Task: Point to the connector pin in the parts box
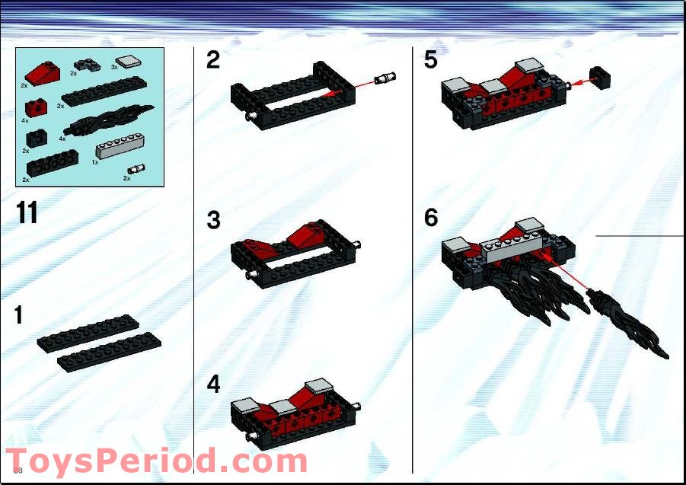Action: pyautogui.click(x=137, y=169)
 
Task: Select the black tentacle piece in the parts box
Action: pyautogui.click(x=110, y=121)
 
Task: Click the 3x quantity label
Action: pyautogui.click(x=114, y=67)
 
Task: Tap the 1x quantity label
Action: pyautogui.click(x=95, y=161)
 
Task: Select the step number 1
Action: pyautogui.click(x=19, y=315)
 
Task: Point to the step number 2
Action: pyautogui.click(x=213, y=60)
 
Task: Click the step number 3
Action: pyautogui.click(x=213, y=221)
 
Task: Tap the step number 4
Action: pyautogui.click(x=213, y=385)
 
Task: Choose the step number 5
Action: pyautogui.click(x=431, y=60)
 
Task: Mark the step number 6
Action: pyautogui.click(x=431, y=219)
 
